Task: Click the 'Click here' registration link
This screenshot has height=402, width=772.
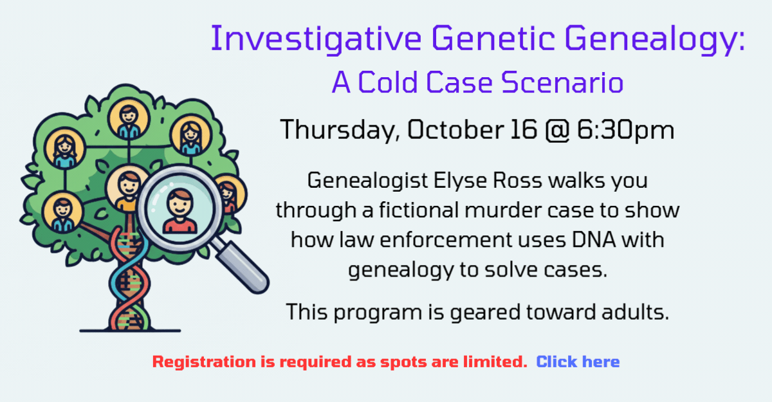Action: coord(578,361)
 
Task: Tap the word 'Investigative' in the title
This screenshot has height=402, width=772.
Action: coord(316,39)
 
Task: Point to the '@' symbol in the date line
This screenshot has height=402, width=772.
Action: coord(557,130)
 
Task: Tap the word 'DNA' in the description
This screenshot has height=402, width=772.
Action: coord(594,239)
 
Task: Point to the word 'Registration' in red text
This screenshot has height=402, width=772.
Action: coord(204,362)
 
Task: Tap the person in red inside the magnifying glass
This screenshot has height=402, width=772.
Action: coord(179,212)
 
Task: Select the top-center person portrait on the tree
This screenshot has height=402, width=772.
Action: coord(129,119)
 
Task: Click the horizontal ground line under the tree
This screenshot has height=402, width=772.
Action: coord(130,331)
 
